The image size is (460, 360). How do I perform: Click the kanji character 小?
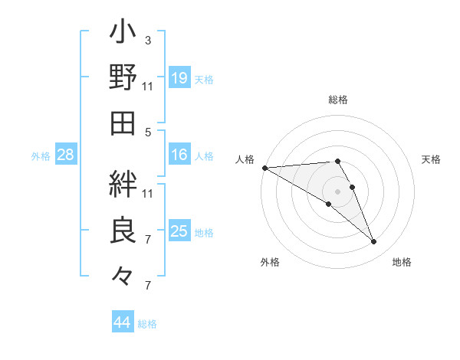(x=123, y=34)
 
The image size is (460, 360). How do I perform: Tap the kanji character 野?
(x=123, y=78)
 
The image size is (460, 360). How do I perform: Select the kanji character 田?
(x=123, y=123)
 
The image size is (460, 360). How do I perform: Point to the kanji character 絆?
(x=123, y=184)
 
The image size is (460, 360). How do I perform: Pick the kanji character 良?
(x=123, y=231)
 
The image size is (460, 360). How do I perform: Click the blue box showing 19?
(x=179, y=78)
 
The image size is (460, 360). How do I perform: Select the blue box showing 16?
(x=179, y=155)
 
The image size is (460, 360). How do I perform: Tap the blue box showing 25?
(x=179, y=231)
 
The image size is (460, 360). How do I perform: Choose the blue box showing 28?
(x=66, y=155)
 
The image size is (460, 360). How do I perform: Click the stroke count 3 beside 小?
(x=147, y=40)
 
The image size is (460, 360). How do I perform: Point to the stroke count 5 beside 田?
(x=147, y=132)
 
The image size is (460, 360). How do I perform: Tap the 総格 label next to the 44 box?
(x=147, y=324)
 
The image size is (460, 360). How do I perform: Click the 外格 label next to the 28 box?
(x=41, y=156)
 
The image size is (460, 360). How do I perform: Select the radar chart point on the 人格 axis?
(x=264, y=167)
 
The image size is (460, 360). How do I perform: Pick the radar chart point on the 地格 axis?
(x=373, y=242)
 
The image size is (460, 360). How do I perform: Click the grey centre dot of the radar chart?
(x=337, y=191)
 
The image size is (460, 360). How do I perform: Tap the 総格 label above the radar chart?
(x=337, y=100)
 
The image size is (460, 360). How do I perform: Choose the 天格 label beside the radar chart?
(x=432, y=159)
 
